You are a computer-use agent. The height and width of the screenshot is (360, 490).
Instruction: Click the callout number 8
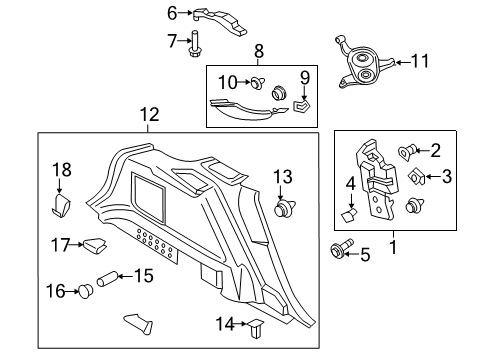pyautogui.click(x=259, y=50)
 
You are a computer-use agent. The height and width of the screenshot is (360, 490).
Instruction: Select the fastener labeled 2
pyautogui.click(x=408, y=153)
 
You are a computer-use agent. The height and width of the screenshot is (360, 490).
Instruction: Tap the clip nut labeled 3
pyautogui.click(x=417, y=180)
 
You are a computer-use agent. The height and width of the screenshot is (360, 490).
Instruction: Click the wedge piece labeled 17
pyautogui.click(x=95, y=244)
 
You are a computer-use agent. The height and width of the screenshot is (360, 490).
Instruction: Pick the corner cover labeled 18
pyautogui.click(x=61, y=206)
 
